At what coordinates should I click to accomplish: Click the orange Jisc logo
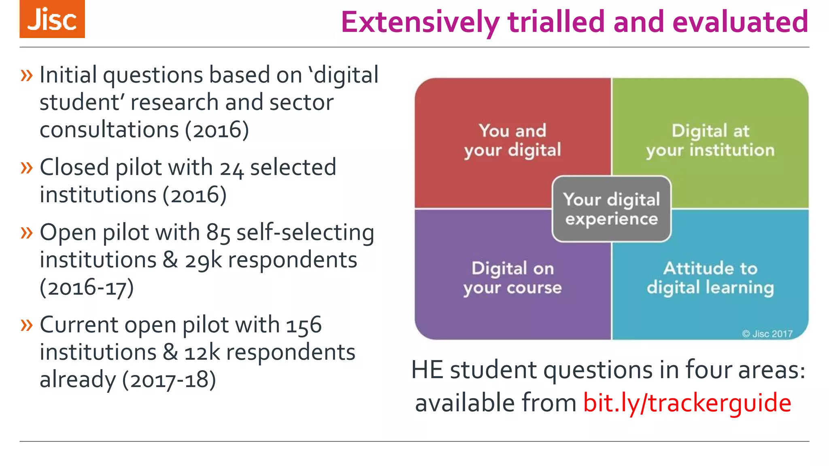[52, 19]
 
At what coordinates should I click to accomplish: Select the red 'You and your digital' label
[512, 140]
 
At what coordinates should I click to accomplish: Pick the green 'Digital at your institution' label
[710, 140]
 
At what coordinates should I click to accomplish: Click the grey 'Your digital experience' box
[612, 209]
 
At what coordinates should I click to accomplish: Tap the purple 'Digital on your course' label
[512, 278]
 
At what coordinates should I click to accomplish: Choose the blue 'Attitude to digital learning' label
[710, 278]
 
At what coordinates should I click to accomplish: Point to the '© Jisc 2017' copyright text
[767, 334]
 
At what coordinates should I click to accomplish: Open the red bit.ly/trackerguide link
[687, 403]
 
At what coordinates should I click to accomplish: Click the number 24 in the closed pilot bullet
[232, 168]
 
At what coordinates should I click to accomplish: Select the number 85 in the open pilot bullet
[218, 233]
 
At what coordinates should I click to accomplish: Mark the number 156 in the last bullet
[304, 326]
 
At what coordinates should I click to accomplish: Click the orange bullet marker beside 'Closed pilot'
[26, 167]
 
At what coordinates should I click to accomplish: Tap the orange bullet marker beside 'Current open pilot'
[26, 324]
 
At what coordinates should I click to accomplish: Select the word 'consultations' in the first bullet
[109, 130]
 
